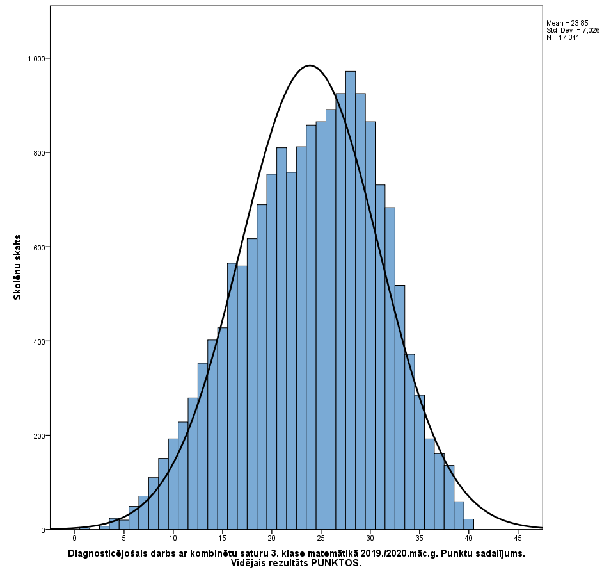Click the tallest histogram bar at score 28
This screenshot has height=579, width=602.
tap(351, 301)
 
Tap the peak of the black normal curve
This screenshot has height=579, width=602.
tap(310, 65)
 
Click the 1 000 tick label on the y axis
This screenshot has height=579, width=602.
tap(36, 59)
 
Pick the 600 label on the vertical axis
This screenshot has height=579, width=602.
tap(39, 247)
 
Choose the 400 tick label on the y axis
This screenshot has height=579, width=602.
tap(39, 341)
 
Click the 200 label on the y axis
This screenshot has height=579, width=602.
tap(39, 436)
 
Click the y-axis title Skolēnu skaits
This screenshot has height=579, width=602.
tap(18, 267)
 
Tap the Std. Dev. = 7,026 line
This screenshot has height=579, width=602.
tap(573, 30)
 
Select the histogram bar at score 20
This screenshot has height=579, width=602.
tap(272, 352)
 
